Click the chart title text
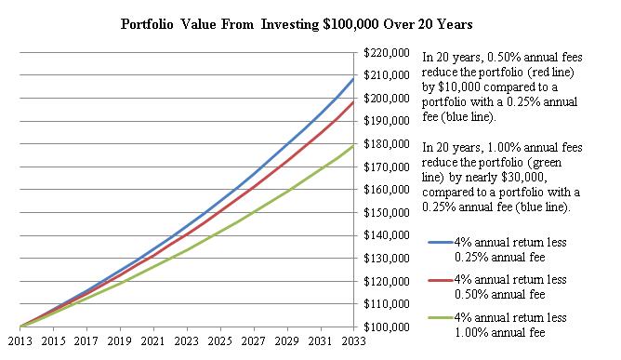310,23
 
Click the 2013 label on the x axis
20,343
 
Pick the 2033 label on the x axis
354,343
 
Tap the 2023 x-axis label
187,343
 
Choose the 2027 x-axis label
254,343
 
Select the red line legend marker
439,280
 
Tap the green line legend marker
439,318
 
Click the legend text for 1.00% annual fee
508,325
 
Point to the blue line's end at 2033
354,79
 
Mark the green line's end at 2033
354,146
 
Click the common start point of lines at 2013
20,327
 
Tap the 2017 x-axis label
86,343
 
